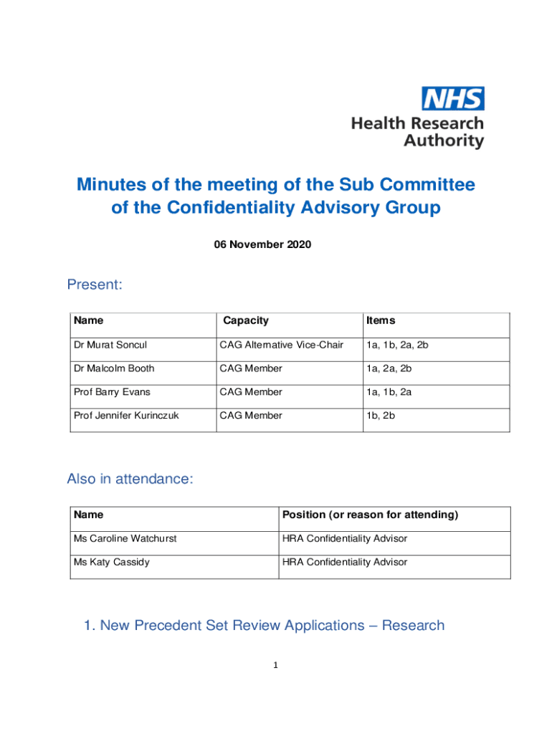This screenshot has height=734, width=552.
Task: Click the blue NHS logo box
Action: click(452, 98)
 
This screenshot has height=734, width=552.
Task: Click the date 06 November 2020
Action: click(262, 244)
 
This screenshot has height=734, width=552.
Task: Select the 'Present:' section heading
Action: click(95, 285)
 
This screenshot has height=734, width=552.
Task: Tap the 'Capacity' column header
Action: click(246, 320)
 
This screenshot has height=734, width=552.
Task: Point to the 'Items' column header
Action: click(381, 320)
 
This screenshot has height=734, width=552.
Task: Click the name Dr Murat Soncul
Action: click(110, 345)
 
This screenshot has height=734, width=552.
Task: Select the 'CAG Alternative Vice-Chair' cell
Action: click(282, 345)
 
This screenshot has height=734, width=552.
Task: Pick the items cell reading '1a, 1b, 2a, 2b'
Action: click(397, 345)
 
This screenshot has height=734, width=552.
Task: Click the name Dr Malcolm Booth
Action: click(113, 368)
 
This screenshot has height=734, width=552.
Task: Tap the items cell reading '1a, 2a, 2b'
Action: click(389, 368)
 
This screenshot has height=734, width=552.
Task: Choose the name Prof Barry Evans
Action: click(112, 392)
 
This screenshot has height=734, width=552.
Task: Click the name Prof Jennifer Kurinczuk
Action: click(126, 416)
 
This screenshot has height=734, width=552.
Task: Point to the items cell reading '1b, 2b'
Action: click(381, 416)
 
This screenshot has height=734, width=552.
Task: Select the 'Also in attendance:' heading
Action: click(130, 479)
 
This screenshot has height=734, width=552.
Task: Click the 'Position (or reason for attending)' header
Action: click(370, 515)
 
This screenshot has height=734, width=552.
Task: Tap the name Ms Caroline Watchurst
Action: click(125, 538)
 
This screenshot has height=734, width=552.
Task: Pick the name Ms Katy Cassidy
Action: click(111, 562)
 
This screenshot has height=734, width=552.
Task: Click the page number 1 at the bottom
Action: click(275, 665)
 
